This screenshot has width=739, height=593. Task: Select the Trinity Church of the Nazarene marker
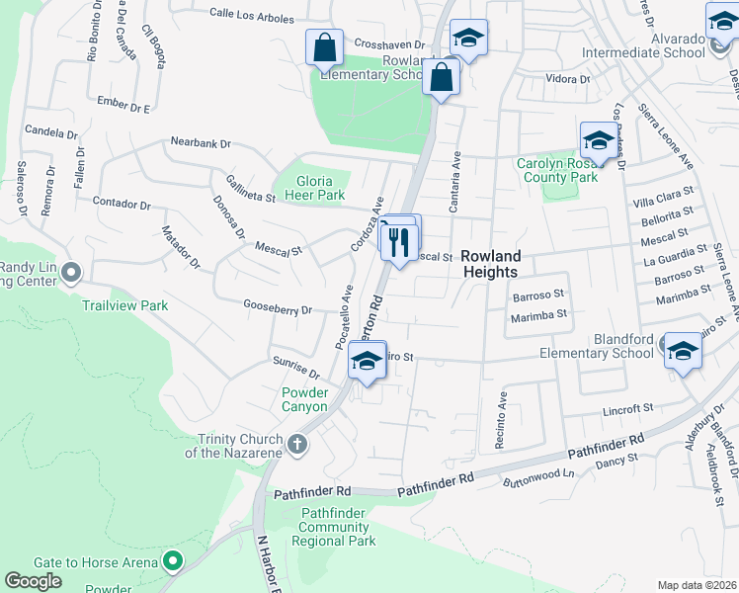click(296, 446)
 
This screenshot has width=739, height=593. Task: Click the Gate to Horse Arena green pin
click(173, 562)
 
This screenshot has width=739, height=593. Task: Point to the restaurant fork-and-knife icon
click(399, 240)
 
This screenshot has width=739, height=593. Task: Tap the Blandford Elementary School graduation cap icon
click(682, 351)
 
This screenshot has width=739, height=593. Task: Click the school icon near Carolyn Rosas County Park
click(598, 139)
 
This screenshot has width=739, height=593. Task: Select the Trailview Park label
click(125, 306)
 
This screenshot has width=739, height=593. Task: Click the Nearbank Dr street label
click(201, 143)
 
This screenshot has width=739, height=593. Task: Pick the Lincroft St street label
click(628, 407)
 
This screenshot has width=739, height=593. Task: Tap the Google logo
click(34, 581)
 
